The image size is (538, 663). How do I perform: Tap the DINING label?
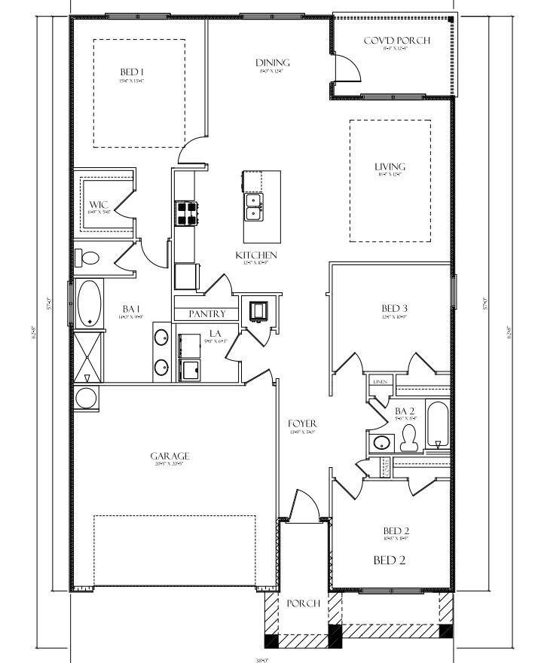click(x=272, y=63)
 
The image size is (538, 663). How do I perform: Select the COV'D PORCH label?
click(x=396, y=40)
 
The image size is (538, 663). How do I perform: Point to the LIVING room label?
click(x=390, y=167)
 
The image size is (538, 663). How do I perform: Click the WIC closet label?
click(x=99, y=205)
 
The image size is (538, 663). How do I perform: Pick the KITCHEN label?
click(x=256, y=255)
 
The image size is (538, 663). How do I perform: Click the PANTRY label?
click(x=207, y=313)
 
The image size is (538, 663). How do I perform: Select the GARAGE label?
click(x=170, y=456)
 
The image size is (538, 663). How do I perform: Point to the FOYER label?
click(x=302, y=424)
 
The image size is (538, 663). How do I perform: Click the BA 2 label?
click(x=405, y=410)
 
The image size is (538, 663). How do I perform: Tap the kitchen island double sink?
click(x=253, y=207)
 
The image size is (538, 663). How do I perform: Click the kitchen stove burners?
click(x=186, y=213)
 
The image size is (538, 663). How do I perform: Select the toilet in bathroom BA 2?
click(x=410, y=438)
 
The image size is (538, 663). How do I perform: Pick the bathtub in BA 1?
click(x=90, y=302)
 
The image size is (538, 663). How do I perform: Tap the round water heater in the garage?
click(x=85, y=398)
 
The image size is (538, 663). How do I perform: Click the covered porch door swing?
click(x=348, y=70)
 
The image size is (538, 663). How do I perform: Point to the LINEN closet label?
click(x=380, y=383)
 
